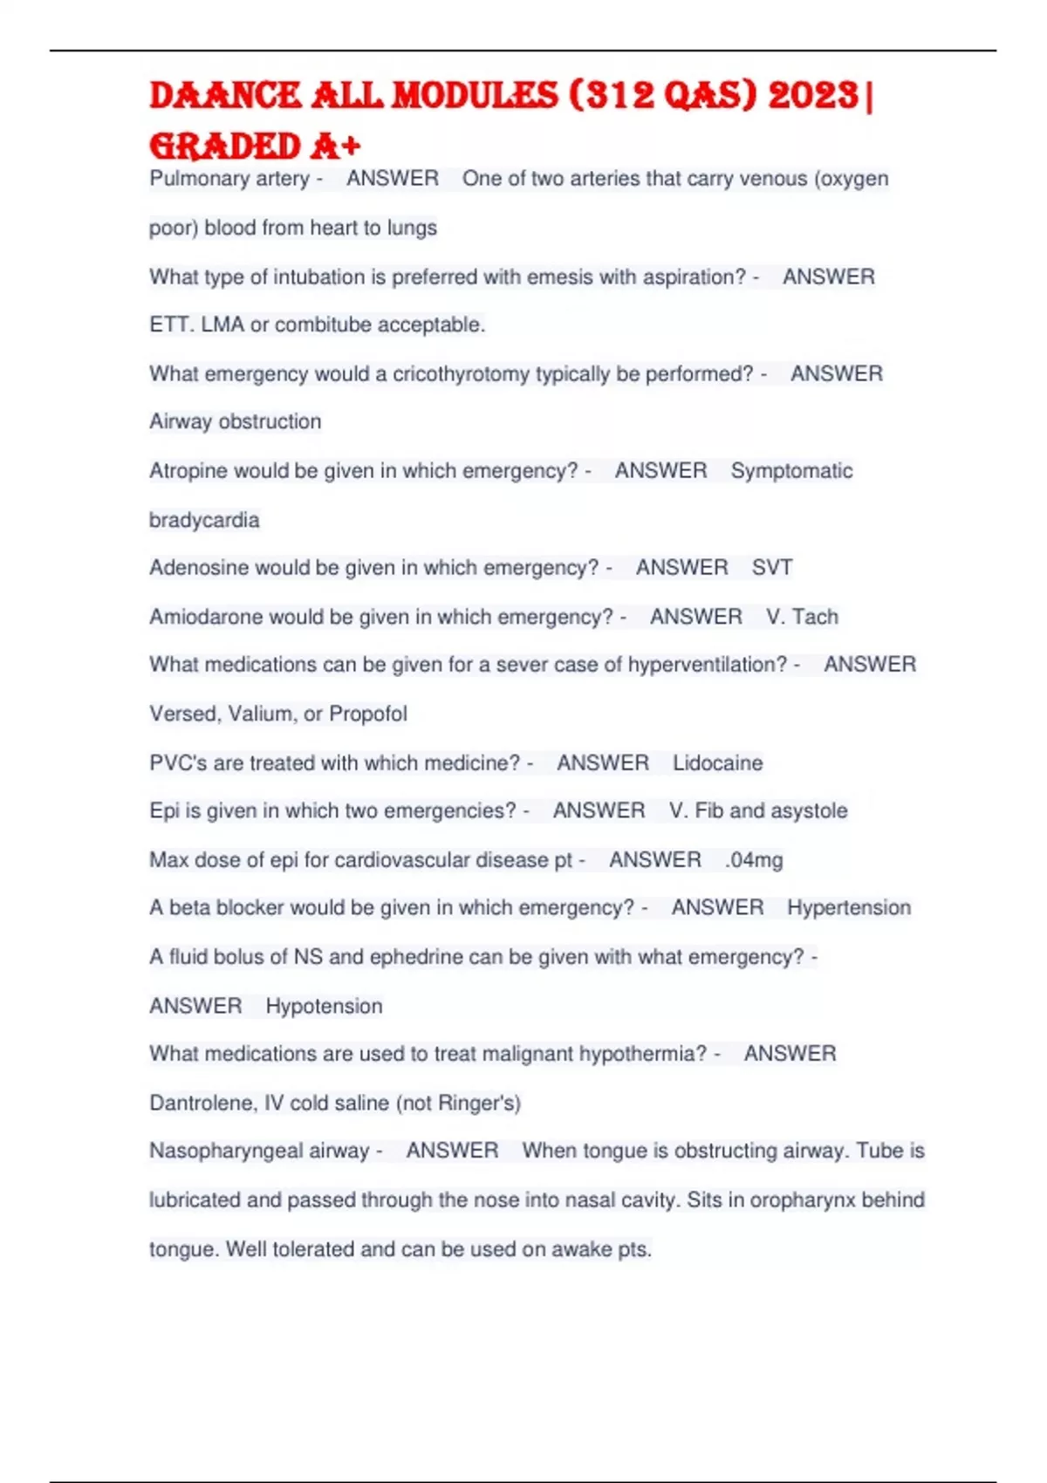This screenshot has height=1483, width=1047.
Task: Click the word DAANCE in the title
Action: [225, 96]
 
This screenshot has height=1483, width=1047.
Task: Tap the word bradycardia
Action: [204, 521]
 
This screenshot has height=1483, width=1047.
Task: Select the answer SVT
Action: [772, 568]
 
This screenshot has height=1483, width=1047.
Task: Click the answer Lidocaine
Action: [717, 763]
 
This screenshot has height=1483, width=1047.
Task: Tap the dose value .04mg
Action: [754, 860]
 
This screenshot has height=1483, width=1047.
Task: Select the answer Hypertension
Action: [848, 908]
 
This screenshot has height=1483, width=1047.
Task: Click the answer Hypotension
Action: [324, 1007]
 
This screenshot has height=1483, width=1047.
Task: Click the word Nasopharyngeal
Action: [259, 1152]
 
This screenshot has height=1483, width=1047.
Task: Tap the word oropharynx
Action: [790, 1200]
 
